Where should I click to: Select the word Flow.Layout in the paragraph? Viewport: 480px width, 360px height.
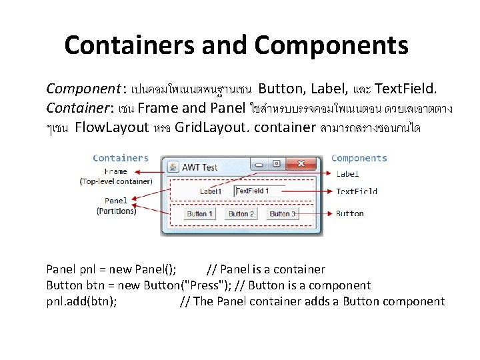click(112, 127)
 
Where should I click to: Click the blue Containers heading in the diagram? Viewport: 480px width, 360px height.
click(121, 158)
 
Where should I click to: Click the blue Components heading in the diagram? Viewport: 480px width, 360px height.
click(359, 158)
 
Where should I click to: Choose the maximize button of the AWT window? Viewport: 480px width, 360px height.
click(276, 163)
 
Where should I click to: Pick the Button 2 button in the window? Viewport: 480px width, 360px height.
click(241, 214)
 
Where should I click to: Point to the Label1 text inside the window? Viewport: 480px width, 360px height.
click(211, 191)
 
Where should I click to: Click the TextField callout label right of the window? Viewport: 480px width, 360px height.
click(356, 191)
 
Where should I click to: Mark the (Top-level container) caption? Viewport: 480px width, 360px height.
click(116, 181)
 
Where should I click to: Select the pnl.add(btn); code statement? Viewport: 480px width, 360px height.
click(82, 301)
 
